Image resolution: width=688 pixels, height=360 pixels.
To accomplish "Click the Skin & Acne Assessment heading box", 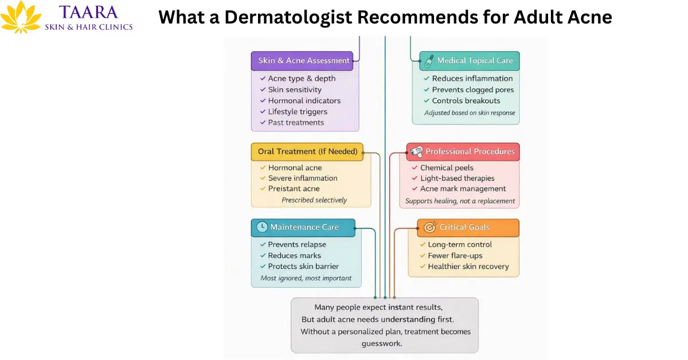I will click(302, 61).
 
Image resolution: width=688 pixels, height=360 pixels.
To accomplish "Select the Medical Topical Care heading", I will click(470, 61).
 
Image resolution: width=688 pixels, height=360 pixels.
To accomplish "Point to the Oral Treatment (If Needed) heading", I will click(307, 151).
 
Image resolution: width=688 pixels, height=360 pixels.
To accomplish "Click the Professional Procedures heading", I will click(463, 152).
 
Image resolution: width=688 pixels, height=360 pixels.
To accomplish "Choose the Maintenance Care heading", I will click(303, 227).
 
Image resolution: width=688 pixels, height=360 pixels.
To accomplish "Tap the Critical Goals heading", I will click(468, 228).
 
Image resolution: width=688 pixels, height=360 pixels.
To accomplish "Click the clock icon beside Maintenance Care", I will click(261, 227).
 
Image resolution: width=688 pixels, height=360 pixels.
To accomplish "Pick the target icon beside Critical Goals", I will click(430, 228).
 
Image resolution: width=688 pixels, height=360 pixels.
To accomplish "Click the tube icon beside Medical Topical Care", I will click(428, 61).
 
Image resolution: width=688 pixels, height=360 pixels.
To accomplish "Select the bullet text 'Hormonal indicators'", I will click(304, 101).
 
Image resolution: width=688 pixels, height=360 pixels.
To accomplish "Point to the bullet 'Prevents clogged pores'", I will click(473, 90).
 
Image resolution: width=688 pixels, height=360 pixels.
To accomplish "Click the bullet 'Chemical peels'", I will click(447, 168).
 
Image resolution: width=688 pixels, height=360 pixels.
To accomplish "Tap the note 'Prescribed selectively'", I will click(314, 200).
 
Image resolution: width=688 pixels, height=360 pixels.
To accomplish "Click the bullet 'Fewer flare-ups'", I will click(455, 256).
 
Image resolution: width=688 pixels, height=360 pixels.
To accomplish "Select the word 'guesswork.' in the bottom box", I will click(382, 344).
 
